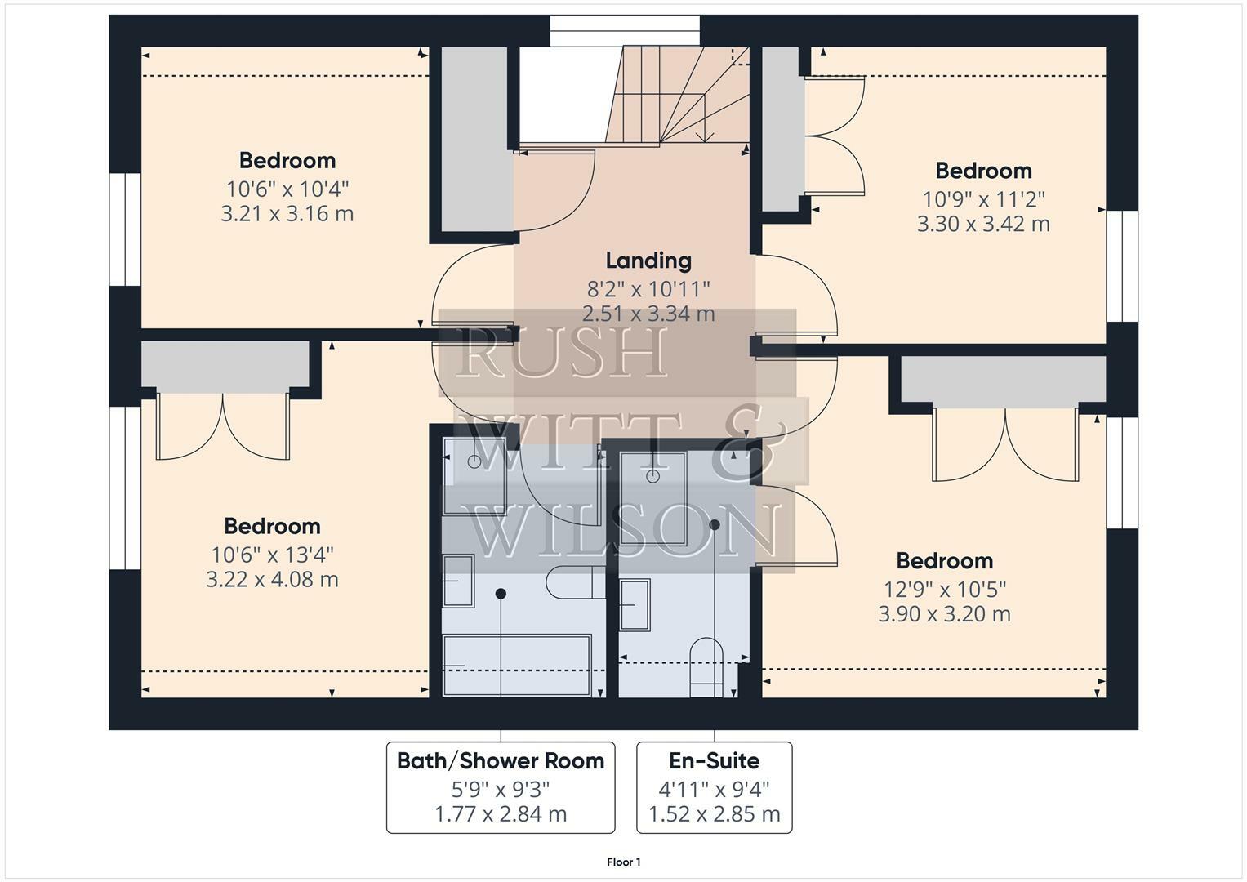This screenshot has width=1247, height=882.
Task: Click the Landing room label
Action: (648, 261)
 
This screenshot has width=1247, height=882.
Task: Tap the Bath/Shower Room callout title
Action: (501, 761)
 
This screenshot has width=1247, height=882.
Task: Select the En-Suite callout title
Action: (715, 761)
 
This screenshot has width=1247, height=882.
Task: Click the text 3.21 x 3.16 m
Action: (287, 214)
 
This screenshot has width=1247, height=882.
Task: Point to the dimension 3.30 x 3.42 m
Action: (983, 224)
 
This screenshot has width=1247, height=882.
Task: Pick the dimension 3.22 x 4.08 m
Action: (272, 580)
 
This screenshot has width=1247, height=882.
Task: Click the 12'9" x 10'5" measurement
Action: (945, 589)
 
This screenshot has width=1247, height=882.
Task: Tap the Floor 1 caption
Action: (624, 862)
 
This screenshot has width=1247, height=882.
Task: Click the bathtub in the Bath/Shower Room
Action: (517, 665)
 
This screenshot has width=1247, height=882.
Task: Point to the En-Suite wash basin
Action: (635, 604)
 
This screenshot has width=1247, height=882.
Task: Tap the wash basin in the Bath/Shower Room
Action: (458, 581)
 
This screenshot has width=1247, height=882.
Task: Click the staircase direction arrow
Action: (706, 135)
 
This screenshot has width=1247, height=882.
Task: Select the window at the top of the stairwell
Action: (625, 31)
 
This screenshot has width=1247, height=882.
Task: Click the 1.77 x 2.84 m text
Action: (501, 814)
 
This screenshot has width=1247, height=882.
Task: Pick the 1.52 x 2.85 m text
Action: (715, 814)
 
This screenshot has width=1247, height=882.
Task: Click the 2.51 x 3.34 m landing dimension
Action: (648, 314)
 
